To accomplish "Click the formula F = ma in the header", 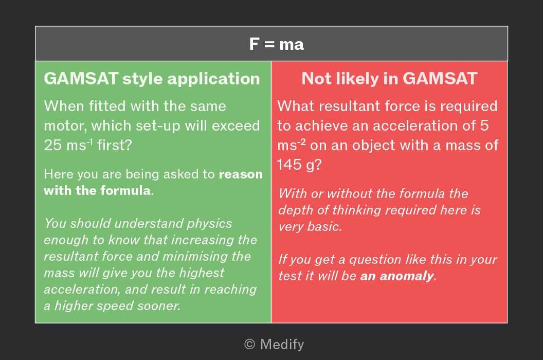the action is (276, 44).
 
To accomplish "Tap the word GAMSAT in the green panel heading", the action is (81, 78).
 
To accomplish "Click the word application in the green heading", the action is (214, 79).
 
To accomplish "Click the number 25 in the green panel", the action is (52, 145).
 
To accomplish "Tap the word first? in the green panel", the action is (115, 145).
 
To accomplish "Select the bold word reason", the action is (241, 174).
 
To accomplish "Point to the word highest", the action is (202, 273).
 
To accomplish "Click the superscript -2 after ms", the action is (302, 142).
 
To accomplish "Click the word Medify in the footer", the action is (282, 345).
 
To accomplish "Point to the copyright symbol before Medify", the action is (250, 345).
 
